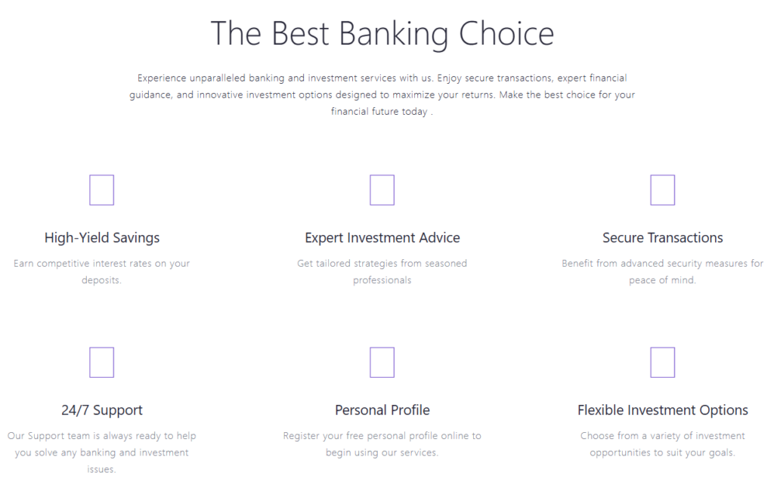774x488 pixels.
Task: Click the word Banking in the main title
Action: tap(393, 35)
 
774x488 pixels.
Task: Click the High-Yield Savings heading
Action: tap(102, 238)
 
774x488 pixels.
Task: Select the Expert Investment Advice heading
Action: tap(382, 238)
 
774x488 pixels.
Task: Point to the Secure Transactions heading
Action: tap(662, 238)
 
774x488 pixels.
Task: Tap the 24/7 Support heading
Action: tap(102, 410)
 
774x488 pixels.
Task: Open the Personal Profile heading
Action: tap(382, 410)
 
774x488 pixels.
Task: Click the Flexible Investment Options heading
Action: tap(663, 410)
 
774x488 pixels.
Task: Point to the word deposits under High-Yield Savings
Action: tap(102, 280)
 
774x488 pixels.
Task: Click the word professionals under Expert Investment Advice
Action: tap(382, 280)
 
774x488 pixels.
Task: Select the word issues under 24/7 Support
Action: tap(102, 469)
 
